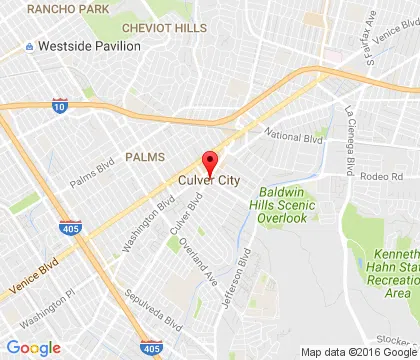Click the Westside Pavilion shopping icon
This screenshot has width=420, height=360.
pyautogui.click(x=30, y=47)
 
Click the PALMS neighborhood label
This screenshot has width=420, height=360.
pyautogui.click(x=146, y=157)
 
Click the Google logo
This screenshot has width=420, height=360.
pyautogui.click(x=33, y=348)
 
